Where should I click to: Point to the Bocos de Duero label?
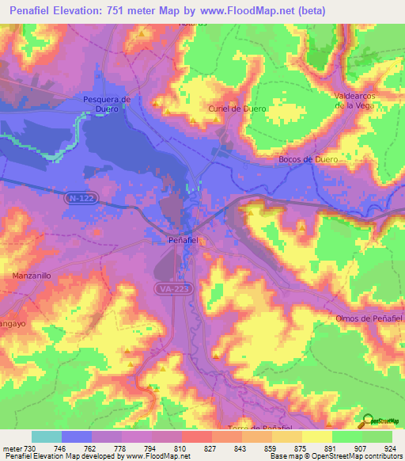pyautogui.click(x=308, y=159)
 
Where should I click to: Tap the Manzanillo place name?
pyautogui.click(x=32, y=276)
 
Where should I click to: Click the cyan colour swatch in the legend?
pyautogui.click(x=46, y=436)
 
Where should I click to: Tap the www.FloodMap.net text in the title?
pyautogui.click(x=242, y=9)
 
